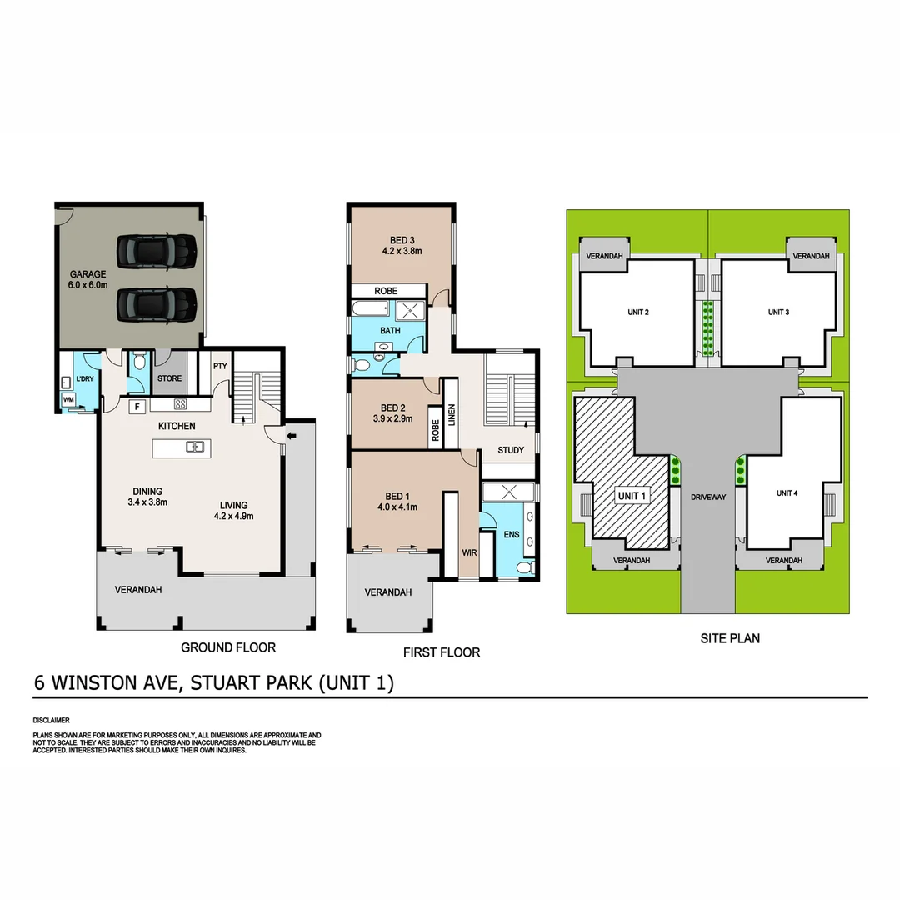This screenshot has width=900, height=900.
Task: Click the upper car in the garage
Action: click(157, 247)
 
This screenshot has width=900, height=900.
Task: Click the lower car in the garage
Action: click(157, 303)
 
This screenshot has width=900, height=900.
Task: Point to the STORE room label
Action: click(169, 379)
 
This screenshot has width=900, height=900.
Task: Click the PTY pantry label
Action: click(220, 365)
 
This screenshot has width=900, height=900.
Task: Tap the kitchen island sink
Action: click(195, 447)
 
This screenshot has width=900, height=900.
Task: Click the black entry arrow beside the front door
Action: click(291, 435)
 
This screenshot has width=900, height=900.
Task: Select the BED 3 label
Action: click(402, 241)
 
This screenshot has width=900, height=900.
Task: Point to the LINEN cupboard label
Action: click(452, 414)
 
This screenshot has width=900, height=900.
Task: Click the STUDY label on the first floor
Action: click(511, 450)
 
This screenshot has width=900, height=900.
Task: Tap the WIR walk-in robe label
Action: click(469, 552)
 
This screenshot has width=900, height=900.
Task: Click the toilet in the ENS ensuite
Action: click(524, 567)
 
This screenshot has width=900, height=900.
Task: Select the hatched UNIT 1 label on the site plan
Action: click(632, 496)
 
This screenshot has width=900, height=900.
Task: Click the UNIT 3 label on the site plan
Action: click(778, 312)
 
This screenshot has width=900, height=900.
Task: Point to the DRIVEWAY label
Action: click(709, 497)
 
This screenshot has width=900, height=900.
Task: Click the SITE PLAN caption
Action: click(729, 639)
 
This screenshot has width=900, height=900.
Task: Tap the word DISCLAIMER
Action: click(52, 719)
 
